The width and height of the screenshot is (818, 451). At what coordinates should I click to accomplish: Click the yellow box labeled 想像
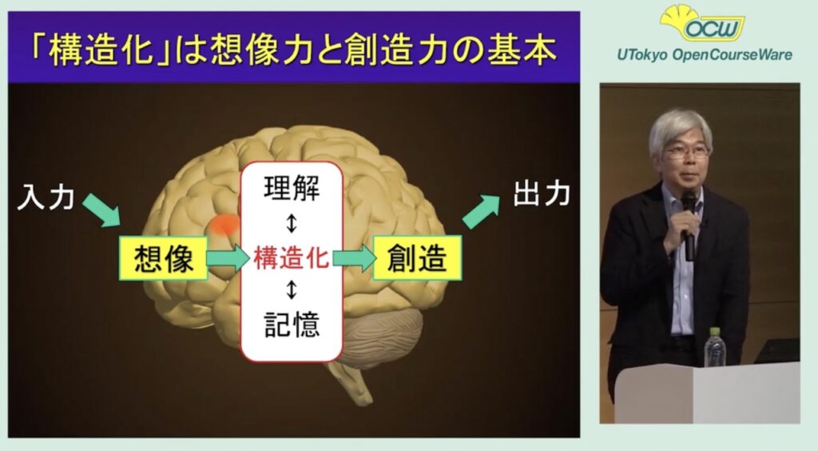point(164,257)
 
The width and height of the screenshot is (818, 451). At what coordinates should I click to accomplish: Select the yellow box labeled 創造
point(417,257)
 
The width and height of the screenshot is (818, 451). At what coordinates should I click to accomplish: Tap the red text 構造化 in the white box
point(291,257)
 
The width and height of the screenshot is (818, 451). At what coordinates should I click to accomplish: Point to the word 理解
point(292,189)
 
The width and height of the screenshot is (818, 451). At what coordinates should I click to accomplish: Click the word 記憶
point(292,324)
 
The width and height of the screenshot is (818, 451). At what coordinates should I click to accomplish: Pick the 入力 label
point(46,198)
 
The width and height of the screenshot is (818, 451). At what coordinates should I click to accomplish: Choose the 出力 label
point(542,193)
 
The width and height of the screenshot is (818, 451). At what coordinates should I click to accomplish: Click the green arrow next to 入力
point(102,210)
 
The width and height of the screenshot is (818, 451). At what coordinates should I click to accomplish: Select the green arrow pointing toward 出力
point(481,210)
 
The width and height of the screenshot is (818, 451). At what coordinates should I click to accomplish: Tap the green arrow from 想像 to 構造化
point(228,257)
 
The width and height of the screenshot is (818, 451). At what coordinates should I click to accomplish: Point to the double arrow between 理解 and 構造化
point(292,223)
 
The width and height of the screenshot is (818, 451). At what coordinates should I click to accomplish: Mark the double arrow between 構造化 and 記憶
point(292,289)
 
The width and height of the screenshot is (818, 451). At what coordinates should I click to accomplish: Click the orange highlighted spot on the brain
point(224,225)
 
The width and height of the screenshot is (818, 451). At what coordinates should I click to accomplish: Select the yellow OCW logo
point(702,23)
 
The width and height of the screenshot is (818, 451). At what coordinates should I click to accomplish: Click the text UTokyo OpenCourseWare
point(705,54)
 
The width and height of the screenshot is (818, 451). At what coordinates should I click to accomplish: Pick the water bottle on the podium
point(715,347)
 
